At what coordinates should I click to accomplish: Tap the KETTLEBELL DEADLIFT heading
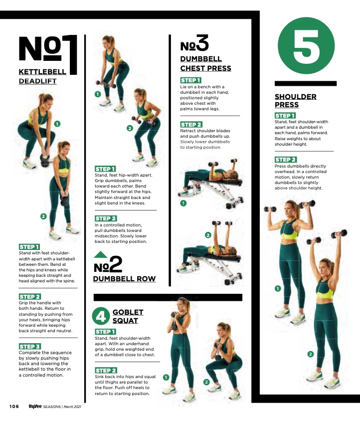pos(42,76)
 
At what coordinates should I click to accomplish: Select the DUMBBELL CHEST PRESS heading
pos(205,63)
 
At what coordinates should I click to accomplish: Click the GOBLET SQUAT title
pos(128,316)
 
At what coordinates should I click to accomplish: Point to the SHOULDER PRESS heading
pos(295,101)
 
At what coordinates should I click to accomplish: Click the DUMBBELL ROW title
pos(124,279)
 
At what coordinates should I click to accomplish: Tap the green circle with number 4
pos(101,316)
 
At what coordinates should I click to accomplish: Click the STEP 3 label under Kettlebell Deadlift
pos(29,346)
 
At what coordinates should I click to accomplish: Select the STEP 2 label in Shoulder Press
pos(286,160)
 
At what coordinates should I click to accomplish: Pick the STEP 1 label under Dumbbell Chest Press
pos(191,80)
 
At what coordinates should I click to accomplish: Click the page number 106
pos(14,407)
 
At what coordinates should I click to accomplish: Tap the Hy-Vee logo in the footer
pos(35,406)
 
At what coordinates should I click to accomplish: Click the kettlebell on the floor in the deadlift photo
pos(45,161)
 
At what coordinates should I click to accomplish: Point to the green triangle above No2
pos(100,254)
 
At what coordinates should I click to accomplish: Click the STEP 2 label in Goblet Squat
pos(106,370)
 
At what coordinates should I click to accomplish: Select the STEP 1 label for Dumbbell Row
pos(105,169)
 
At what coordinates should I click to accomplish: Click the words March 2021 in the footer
pos(72,407)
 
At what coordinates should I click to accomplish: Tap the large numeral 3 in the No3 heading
pos(202,42)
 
